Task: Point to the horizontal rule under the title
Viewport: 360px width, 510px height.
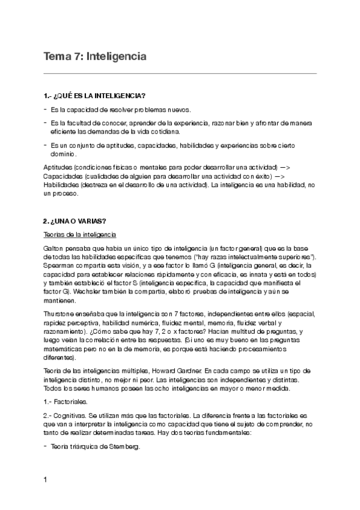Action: coord(180,73)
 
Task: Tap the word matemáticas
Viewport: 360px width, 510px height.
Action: coord(64,348)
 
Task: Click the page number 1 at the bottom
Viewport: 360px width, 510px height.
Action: coord(46,480)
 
